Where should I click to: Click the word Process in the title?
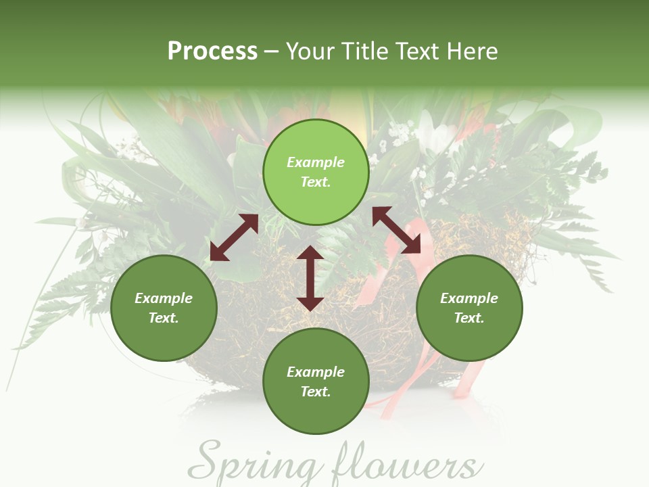pos(212,51)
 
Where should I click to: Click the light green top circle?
pos(316,172)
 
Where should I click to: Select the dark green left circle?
pos(164,308)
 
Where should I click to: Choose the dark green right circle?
pos(469,308)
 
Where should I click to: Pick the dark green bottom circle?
pos(316,381)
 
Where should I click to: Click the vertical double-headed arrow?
pos(310,278)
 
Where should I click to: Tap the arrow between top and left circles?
pos(234,237)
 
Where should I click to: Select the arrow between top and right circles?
pos(397,230)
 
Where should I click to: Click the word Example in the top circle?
pos(316,162)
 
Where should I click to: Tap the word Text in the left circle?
pos(164,318)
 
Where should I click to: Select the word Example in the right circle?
pos(469,298)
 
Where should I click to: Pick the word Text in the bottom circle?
pos(316,392)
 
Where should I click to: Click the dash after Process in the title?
pos(272,52)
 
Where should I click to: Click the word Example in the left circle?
pos(164,298)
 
